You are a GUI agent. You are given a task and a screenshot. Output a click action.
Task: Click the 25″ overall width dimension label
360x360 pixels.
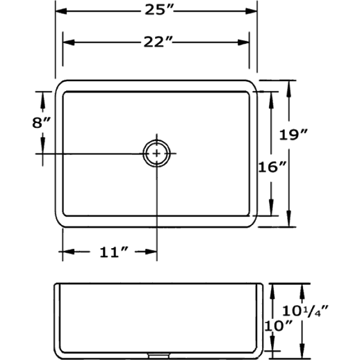(x=159, y=10)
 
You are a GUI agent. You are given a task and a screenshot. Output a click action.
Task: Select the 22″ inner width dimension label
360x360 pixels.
(x=158, y=42)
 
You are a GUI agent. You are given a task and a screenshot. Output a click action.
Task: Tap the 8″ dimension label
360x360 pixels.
(x=41, y=122)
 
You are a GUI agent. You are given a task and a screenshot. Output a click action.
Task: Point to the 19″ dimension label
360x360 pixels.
(x=293, y=134)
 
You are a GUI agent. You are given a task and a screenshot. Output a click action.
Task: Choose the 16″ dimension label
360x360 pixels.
(x=272, y=167)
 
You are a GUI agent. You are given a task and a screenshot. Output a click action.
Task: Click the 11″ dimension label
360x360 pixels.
(x=114, y=252)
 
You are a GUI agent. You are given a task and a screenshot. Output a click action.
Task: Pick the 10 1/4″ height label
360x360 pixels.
(x=305, y=311)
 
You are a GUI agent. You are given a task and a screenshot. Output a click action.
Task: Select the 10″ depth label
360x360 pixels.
(x=278, y=326)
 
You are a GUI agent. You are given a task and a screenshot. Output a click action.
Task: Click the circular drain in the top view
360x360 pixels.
(x=156, y=154)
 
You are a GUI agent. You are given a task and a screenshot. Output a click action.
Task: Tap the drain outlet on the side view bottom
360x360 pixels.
(x=159, y=355)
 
